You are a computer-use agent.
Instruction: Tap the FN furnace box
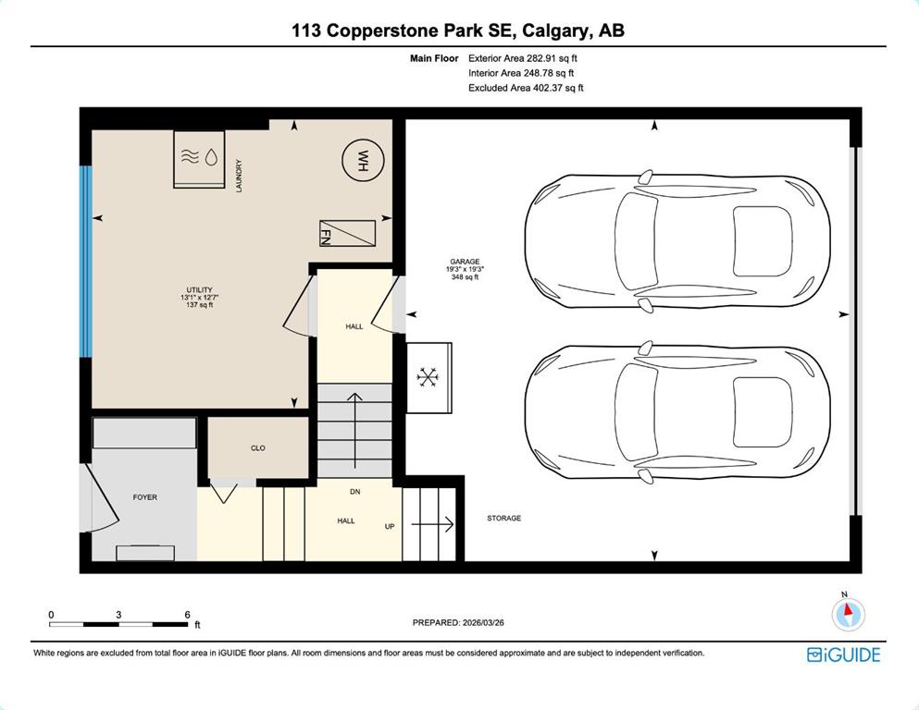pos(347,234)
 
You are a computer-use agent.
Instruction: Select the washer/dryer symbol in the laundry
pos(199,159)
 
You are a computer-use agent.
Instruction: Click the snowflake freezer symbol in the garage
pos(428,377)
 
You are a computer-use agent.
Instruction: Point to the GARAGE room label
pos(465,262)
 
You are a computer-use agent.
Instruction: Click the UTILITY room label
pos(199,289)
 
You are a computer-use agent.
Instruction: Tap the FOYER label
pos(144,497)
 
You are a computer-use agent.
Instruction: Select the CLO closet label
pos(258,447)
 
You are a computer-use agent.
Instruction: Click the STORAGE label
pos(504,518)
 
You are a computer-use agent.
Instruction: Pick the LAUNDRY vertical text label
pos(239,176)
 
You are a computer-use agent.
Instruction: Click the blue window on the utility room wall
pos(86,261)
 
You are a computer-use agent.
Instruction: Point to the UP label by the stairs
pos(390,526)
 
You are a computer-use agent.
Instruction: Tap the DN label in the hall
pos(355,492)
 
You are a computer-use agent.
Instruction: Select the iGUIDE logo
pos(843,655)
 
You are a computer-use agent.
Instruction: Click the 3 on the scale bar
pos(118,615)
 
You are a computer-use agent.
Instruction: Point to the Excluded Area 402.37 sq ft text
pos(526,88)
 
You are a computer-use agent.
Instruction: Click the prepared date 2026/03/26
pos(483,623)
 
